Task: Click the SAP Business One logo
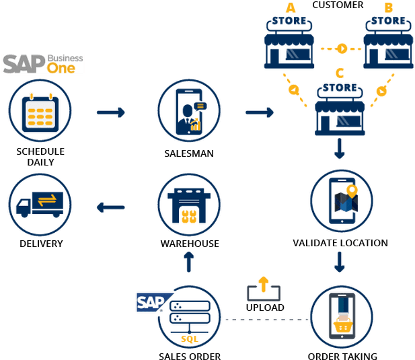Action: [43, 64]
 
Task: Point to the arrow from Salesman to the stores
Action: [259, 112]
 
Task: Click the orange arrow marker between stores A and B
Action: [341, 48]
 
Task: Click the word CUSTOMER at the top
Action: [338, 5]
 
